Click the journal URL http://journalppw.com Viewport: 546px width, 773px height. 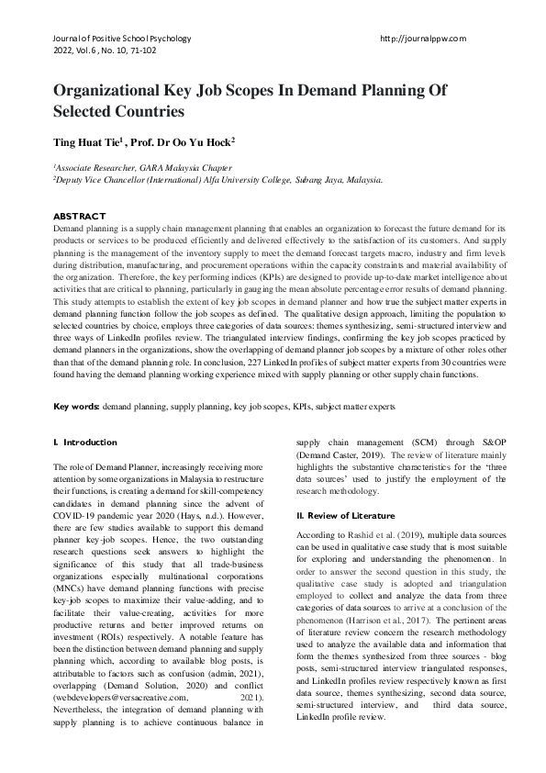(x=422, y=39)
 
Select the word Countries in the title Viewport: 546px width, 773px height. (x=146, y=112)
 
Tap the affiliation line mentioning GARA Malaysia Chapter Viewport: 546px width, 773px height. (x=144, y=168)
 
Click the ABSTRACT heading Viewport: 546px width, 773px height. (x=79, y=216)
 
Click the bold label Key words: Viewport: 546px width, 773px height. (x=76, y=405)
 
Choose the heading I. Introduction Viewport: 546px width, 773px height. (x=85, y=443)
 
